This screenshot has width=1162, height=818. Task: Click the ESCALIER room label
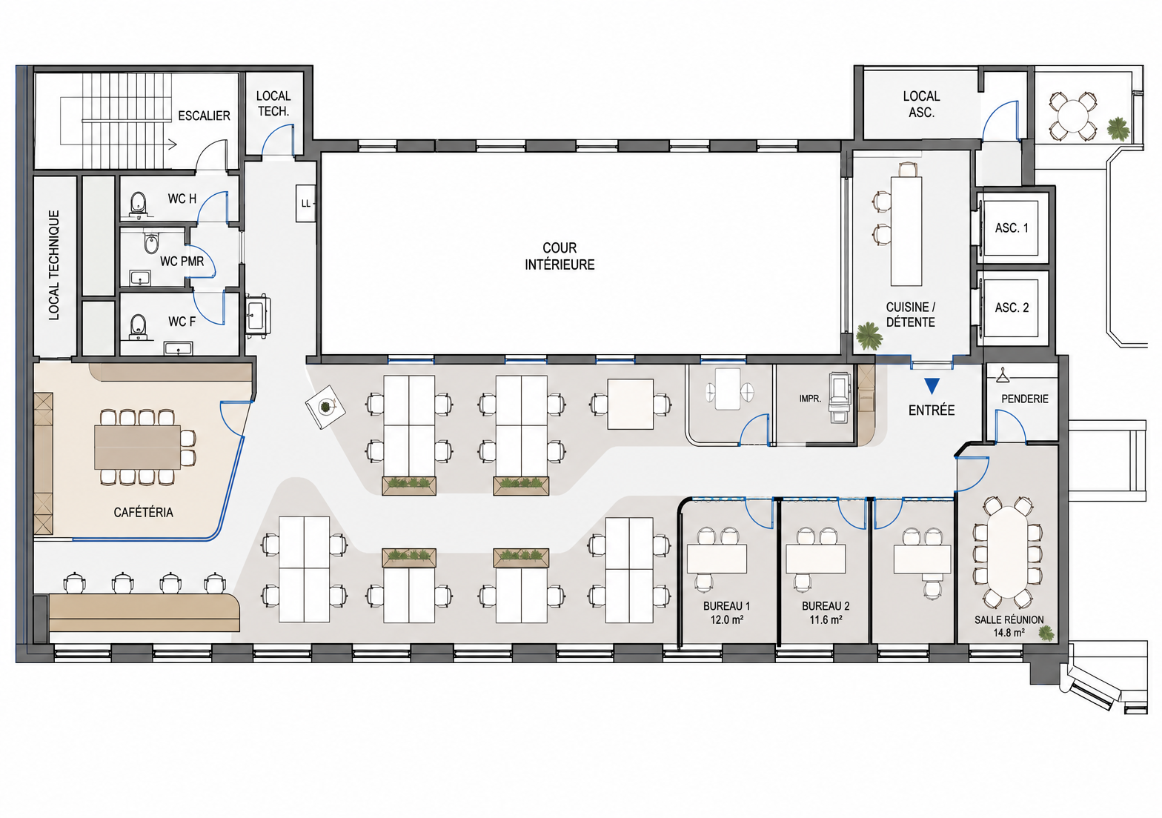point(204,116)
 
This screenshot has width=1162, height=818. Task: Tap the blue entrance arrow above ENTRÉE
point(932,385)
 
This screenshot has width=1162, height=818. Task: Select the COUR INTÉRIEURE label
point(560,256)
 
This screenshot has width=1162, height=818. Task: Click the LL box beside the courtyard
point(305,203)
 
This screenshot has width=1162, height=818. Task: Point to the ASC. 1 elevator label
point(1012,227)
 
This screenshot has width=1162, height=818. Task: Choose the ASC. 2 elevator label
point(1012,307)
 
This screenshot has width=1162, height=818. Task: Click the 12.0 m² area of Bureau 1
point(727,619)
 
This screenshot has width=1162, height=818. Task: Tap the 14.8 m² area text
point(1009,633)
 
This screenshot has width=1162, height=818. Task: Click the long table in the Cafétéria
point(138,447)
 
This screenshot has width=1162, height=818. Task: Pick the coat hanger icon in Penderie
point(1003,374)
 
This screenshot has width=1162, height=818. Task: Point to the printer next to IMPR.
point(840,397)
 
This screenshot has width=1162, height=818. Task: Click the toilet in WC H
point(138,202)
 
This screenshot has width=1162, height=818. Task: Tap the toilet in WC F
point(138,325)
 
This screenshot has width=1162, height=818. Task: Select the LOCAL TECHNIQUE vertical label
point(54,265)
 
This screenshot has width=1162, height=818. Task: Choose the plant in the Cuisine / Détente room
point(869,336)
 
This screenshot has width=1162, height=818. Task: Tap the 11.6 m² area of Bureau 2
point(826,619)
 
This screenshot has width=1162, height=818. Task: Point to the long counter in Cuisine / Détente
point(906,231)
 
